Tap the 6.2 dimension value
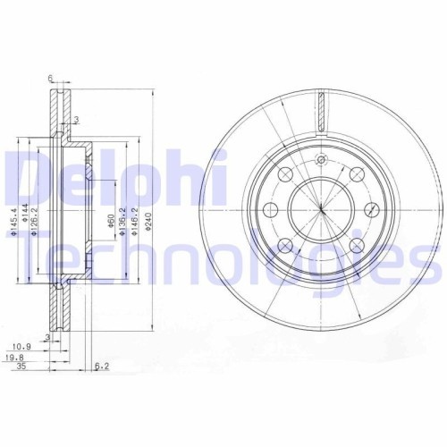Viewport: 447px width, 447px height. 104,366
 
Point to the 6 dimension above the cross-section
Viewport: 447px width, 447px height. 51,80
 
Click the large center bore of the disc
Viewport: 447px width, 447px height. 319,208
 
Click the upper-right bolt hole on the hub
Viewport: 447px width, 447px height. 354,174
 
